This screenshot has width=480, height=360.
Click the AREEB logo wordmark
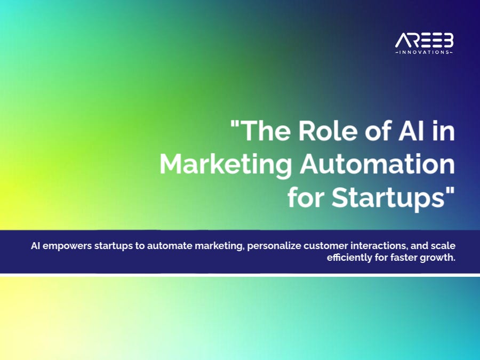pyautogui.click(x=424, y=41)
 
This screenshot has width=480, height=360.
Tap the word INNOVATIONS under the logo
pyautogui.click(x=424, y=53)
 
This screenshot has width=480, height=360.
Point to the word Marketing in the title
pyautogui.click(x=226, y=165)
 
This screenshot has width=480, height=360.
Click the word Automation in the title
pyautogui.click(x=377, y=165)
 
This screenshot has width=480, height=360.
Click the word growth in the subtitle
pyautogui.click(x=438, y=258)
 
